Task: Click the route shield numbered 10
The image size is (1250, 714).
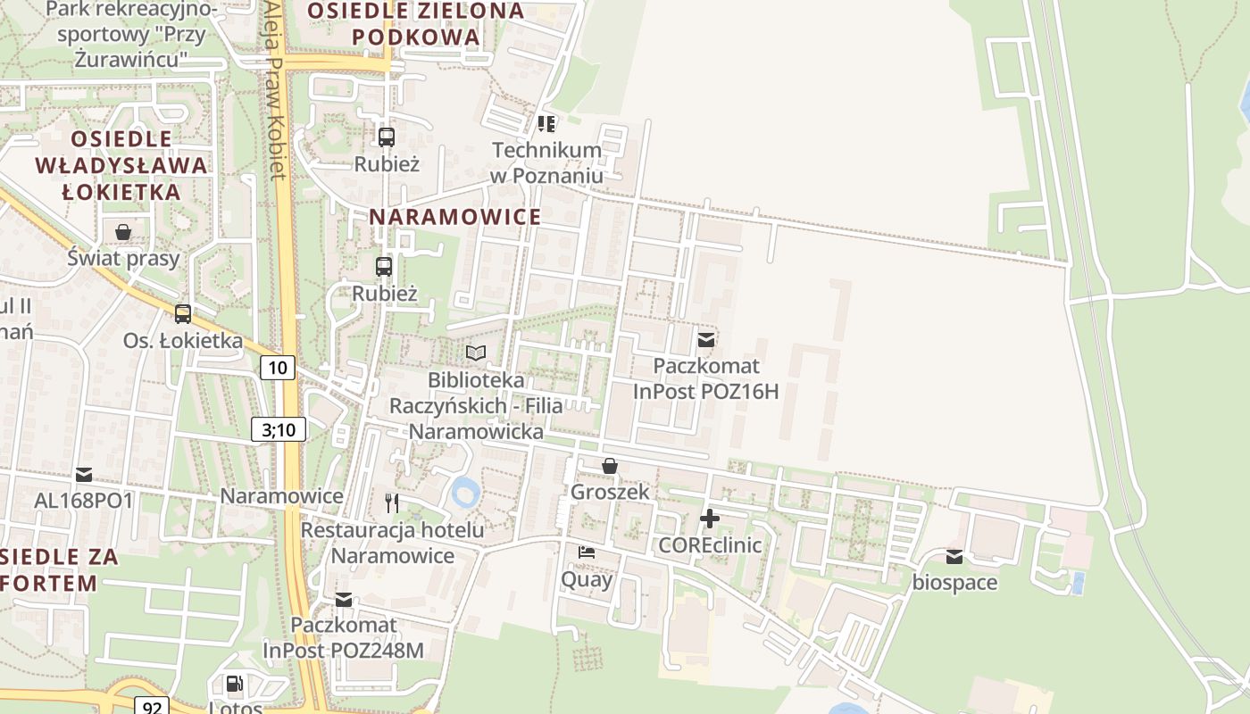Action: [x=279, y=367]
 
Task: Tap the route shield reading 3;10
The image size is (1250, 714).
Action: [x=279, y=429]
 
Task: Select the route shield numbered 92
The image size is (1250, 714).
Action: [x=152, y=706]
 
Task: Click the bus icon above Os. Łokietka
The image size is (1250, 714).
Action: [x=183, y=313]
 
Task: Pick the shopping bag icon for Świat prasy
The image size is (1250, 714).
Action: [x=123, y=232]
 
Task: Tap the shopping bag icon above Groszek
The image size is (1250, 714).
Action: [x=610, y=465]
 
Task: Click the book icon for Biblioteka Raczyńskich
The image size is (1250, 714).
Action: [x=476, y=353]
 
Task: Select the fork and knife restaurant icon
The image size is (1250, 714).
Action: [x=392, y=502]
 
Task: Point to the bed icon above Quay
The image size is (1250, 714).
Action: [x=587, y=552]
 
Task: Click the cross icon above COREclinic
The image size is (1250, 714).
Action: [x=710, y=519]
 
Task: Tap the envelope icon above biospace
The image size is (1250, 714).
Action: [x=954, y=557]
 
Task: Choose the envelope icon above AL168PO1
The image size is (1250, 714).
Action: [x=84, y=474]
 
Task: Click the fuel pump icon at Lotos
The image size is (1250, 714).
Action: [x=234, y=684]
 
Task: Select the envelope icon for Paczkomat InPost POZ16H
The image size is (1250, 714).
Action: [x=706, y=339]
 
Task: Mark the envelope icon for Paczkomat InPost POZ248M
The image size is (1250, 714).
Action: [x=344, y=600]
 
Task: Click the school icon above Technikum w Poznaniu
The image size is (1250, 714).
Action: [x=546, y=123]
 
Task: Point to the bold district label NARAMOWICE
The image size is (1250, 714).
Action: [x=455, y=217]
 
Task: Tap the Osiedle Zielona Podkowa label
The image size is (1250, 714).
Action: [x=416, y=24]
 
